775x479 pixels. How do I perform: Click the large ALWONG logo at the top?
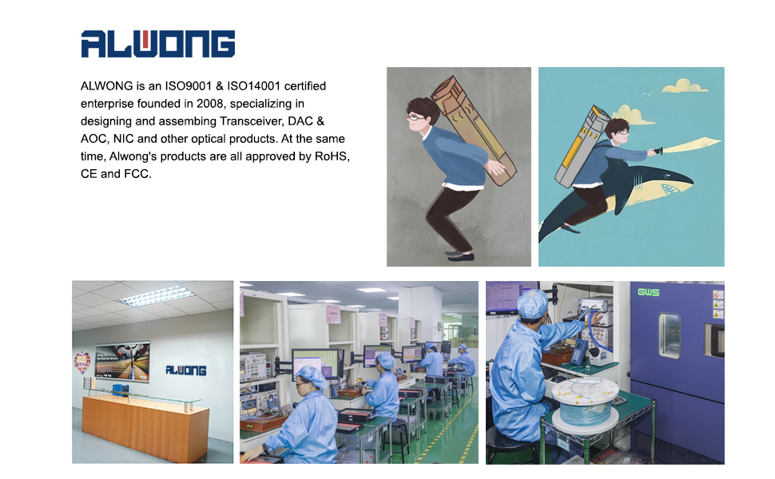coord(157,44)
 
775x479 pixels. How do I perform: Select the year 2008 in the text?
coord(210,104)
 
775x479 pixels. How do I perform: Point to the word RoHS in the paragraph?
coord(332,156)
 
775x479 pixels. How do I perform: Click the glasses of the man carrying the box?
coord(416,117)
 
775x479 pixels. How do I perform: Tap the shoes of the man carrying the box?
coord(459,255)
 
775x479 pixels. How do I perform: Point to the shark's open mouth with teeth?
coord(670,189)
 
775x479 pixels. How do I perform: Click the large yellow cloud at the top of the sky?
coord(685,86)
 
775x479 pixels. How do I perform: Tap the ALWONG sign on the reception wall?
coord(186,370)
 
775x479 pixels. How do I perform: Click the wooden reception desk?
coord(145,424)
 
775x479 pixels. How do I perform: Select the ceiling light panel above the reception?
coord(155,296)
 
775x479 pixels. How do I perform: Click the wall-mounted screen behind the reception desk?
coord(122,362)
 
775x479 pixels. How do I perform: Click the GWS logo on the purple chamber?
coord(649,292)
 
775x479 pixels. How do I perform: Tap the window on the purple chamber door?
coord(670,335)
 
